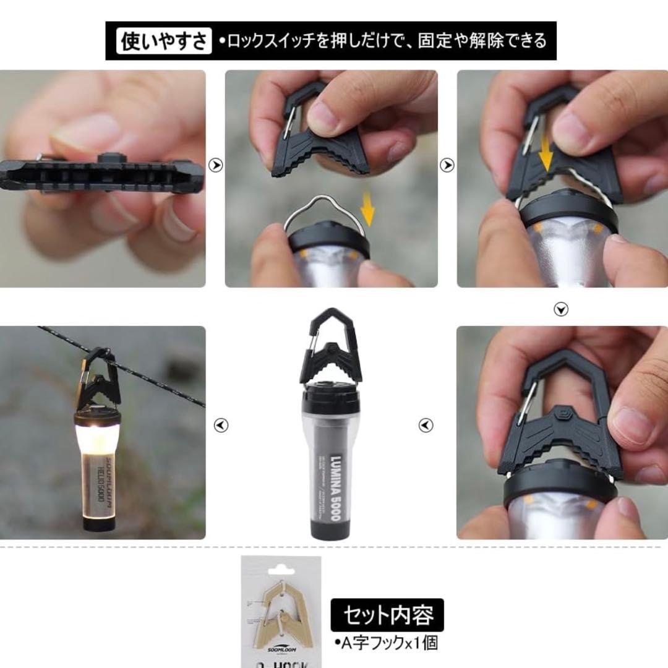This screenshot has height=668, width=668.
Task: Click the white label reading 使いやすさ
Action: (164, 41)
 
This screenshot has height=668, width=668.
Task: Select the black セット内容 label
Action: (387, 615)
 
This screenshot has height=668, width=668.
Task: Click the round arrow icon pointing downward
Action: (561, 310)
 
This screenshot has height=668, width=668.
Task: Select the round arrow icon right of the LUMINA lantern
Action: (426, 426)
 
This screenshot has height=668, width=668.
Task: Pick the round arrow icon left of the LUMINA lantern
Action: (221, 426)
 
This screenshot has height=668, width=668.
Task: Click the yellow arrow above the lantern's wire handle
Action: (368, 209)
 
